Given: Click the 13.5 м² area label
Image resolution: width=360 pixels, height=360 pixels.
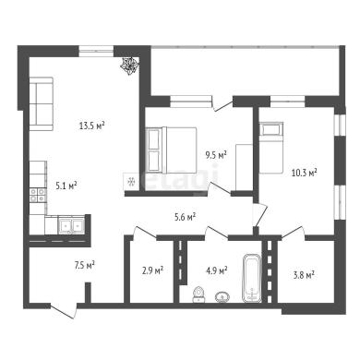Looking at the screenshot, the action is (x=92, y=126).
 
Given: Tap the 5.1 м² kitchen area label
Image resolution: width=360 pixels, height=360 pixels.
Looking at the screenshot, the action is (x=66, y=186).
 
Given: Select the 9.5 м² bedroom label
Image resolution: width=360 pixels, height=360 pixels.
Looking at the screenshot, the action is (x=216, y=155).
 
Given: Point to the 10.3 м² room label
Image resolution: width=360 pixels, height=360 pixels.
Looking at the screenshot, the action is (x=305, y=173).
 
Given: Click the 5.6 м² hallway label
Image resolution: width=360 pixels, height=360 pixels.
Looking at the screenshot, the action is (x=186, y=217).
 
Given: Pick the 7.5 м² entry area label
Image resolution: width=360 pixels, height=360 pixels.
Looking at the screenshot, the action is (x=84, y=265).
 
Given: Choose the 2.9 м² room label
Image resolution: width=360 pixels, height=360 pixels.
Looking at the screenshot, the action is (x=152, y=270).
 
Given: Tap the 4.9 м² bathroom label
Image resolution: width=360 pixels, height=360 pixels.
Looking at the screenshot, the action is (x=217, y=270).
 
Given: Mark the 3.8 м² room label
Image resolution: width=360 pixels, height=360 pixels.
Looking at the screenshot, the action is (x=304, y=275).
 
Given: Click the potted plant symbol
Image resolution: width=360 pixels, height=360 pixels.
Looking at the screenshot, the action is (x=129, y=66).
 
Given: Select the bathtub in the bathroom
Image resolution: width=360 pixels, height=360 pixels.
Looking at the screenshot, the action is (x=252, y=278).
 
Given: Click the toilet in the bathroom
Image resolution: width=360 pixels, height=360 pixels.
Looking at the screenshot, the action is (x=198, y=294).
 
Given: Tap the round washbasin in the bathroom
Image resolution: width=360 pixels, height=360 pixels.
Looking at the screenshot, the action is (x=222, y=297).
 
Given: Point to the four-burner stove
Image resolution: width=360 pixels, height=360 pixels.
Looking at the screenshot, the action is (x=38, y=196).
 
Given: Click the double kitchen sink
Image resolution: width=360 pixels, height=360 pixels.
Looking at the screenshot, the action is (x=71, y=226).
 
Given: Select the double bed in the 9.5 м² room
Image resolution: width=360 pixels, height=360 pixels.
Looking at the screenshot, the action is (x=171, y=150).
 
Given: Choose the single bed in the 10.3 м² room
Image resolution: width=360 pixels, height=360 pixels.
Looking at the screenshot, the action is (x=270, y=148).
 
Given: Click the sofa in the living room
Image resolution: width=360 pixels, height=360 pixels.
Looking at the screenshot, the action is (x=42, y=103).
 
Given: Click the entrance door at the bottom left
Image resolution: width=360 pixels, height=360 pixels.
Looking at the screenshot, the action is (x=64, y=310).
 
